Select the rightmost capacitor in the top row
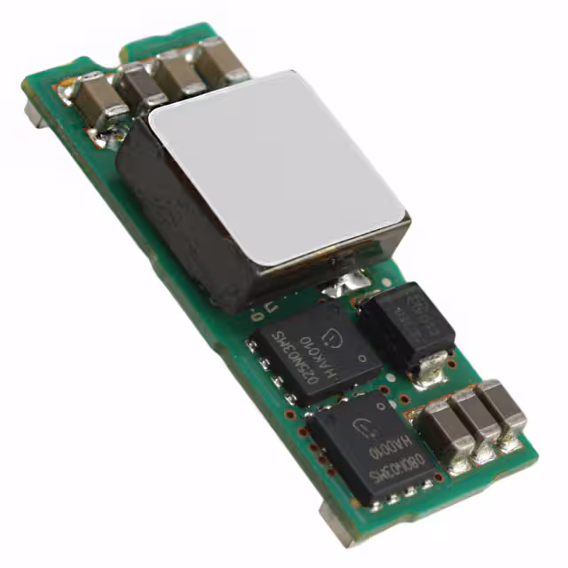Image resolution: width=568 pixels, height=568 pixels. point(218,62)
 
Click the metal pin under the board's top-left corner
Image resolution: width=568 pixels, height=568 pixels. point(33,114)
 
